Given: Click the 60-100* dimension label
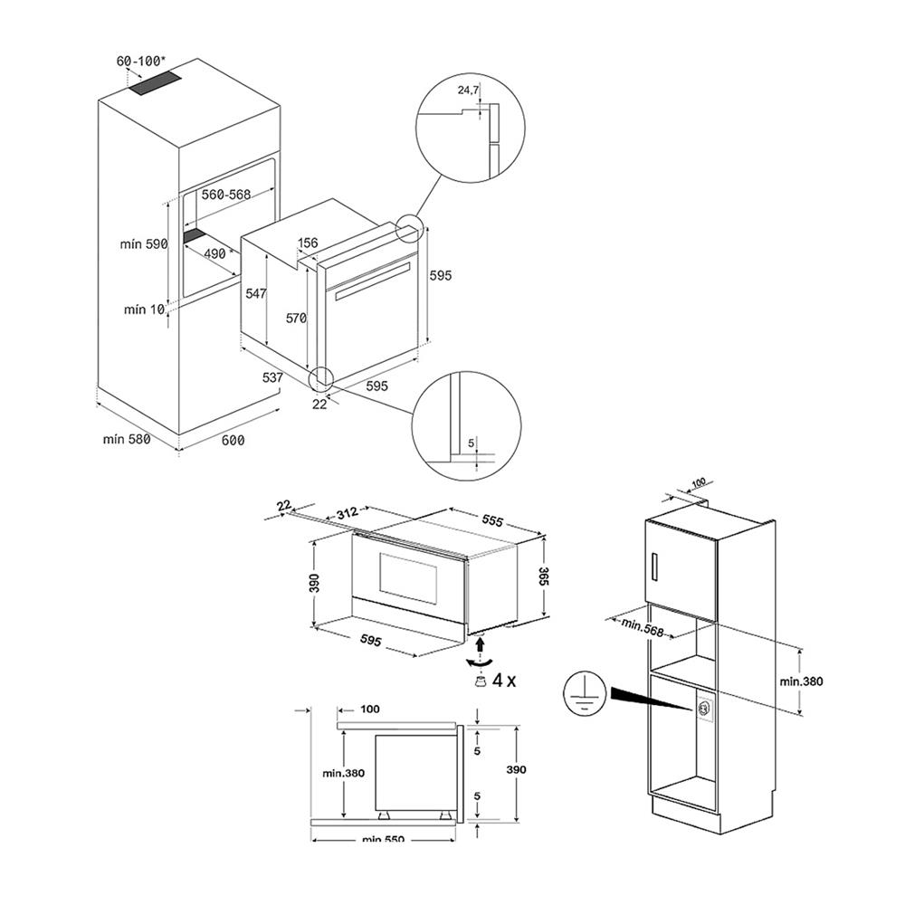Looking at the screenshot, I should tap(141, 61).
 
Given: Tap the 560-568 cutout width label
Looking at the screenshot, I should tap(225, 195).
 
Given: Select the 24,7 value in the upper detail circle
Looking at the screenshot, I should tap(468, 90).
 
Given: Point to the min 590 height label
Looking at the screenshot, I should tap(144, 244).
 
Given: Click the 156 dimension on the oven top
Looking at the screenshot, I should tap(308, 242).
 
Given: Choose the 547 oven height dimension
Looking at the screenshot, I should tap(256, 294).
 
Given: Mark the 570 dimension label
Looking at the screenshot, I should tap(296, 318).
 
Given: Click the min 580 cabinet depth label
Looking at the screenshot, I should tap(125, 439).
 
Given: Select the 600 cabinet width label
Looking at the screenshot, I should tap(233, 441).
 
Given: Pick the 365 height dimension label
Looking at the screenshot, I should tap(545, 577).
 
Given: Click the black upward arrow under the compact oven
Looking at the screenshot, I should tap(481, 643).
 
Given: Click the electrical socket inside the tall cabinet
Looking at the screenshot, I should tap(703, 708).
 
